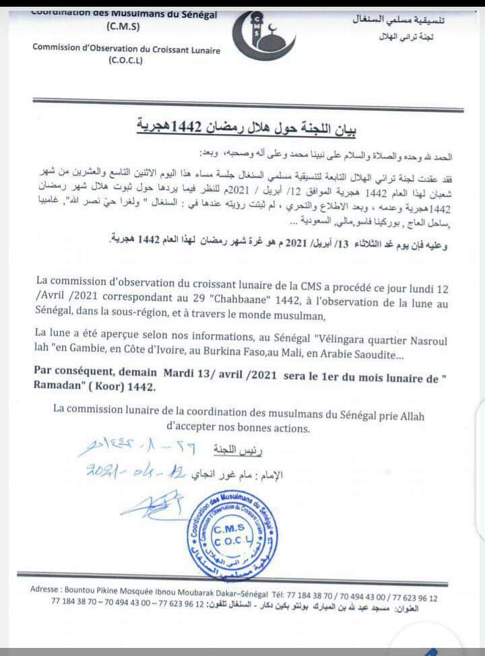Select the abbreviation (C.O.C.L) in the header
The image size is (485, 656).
click(125, 61)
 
